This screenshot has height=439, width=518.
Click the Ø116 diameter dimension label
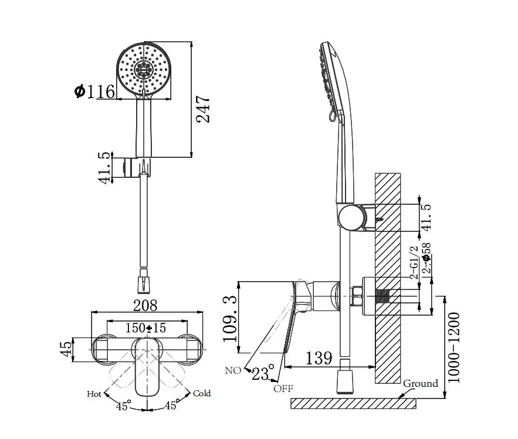coord(95,91)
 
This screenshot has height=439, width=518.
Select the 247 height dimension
coord(203,109)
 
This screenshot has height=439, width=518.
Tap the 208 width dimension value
coord(145,305)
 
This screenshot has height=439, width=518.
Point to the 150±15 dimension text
coord(145,327)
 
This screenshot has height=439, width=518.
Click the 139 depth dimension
coord(319,357)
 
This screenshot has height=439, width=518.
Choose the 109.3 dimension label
coord(231,319)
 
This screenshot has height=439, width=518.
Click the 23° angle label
coord(263,373)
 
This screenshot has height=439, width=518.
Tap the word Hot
coord(94,394)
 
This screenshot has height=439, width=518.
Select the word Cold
coord(202,393)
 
